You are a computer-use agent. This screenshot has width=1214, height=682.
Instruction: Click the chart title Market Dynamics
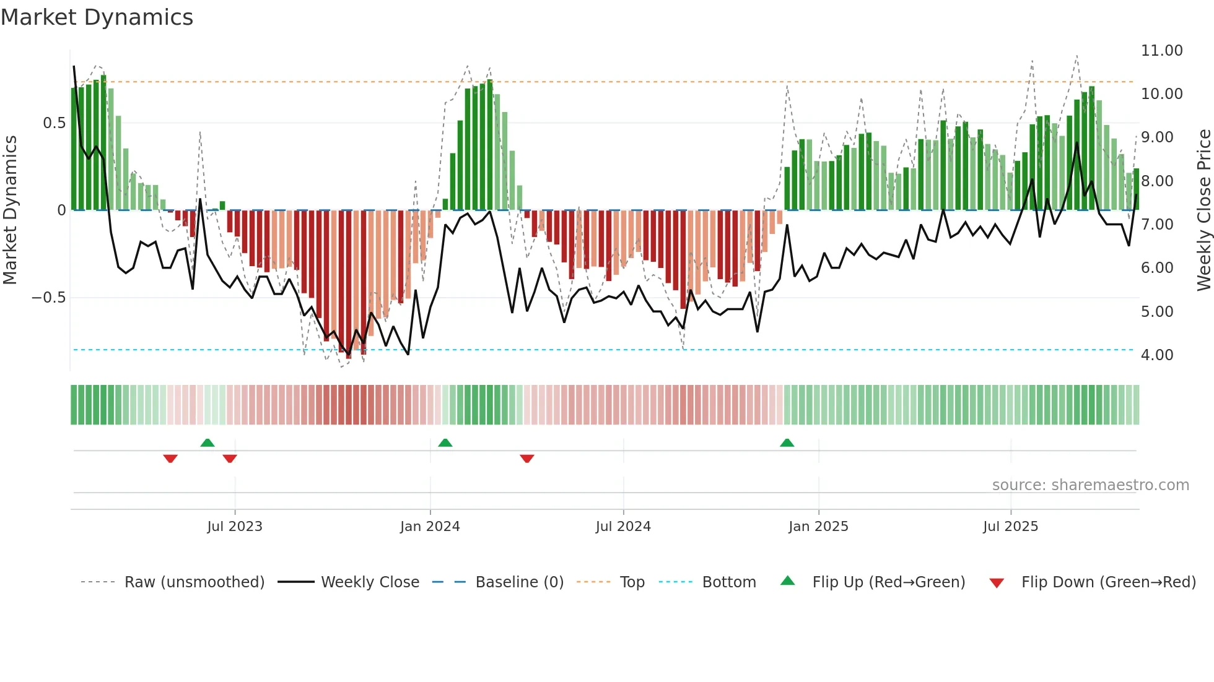pyautogui.click(x=97, y=17)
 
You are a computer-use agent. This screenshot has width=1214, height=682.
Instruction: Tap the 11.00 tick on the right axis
pyautogui.click(x=1161, y=51)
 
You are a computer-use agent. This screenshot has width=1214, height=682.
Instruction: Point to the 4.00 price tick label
pyautogui.click(x=1156, y=355)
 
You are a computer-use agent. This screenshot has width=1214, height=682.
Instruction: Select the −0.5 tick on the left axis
pyautogui.click(x=48, y=298)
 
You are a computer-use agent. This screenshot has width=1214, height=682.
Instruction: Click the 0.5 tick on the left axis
pyautogui.click(x=54, y=123)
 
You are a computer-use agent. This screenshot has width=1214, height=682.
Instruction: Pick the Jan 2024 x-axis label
pyautogui.click(x=430, y=527)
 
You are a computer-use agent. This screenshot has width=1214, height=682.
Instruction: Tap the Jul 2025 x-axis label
pyautogui.click(x=1010, y=527)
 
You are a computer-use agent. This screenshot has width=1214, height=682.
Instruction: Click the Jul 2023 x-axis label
pyautogui.click(x=235, y=527)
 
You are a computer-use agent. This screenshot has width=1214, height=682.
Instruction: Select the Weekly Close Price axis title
pyautogui.click(x=1203, y=210)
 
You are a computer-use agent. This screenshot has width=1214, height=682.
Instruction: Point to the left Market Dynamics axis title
pyautogui.click(x=10, y=210)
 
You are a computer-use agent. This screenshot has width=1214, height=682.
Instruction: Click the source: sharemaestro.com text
pyautogui.click(x=1090, y=485)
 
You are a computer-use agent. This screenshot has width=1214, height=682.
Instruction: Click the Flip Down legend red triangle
pyautogui.click(x=997, y=583)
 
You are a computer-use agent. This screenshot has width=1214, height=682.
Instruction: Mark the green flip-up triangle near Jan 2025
pyautogui.click(x=787, y=443)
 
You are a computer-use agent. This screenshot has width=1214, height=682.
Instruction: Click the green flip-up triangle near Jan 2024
pyautogui.click(x=445, y=443)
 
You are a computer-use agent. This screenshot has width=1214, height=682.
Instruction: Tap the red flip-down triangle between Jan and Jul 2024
pyautogui.click(x=527, y=459)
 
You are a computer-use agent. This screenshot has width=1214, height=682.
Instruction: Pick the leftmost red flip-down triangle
pyautogui.click(x=170, y=459)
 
